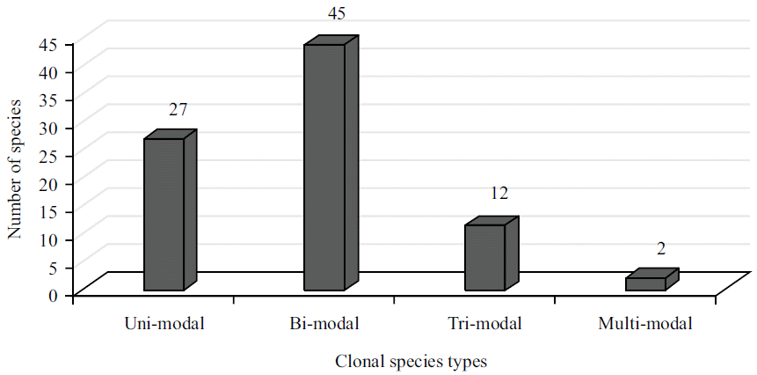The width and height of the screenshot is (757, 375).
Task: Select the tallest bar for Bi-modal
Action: (x=324, y=167)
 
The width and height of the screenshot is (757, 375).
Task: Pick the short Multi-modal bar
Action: (x=645, y=283)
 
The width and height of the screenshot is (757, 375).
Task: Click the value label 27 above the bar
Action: (x=178, y=110)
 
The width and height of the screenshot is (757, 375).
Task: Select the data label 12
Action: (x=499, y=194)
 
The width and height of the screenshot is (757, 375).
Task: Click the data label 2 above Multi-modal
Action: (x=660, y=249)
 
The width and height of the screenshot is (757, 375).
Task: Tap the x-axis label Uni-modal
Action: (x=164, y=323)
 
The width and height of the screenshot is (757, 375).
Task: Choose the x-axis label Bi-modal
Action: (x=324, y=323)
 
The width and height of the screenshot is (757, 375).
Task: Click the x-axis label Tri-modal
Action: (x=484, y=323)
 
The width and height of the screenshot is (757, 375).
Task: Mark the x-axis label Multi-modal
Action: (x=645, y=323)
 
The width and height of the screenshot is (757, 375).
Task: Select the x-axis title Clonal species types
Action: (x=411, y=361)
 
